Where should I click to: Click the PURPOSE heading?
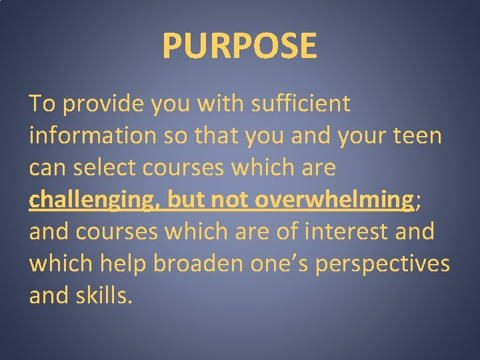click(239, 45)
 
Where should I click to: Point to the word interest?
click(341, 232)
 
